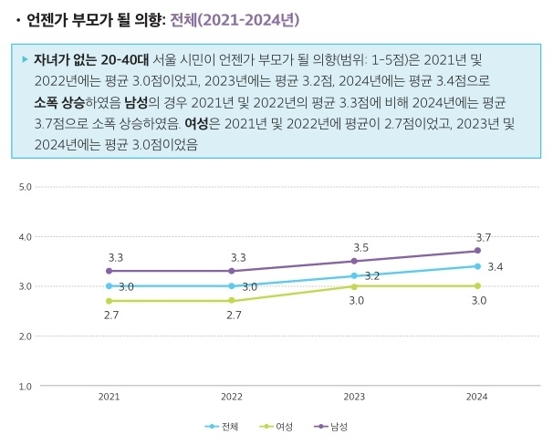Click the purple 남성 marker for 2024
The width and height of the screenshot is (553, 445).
pos(477,251)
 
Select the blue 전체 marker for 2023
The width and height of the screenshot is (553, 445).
pos(354,275)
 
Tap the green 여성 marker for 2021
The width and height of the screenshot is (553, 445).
pos(109,300)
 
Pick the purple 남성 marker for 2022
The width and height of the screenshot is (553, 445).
pos(232,271)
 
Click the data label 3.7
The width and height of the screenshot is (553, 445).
pos(483,237)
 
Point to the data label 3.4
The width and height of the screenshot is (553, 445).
pos(496,267)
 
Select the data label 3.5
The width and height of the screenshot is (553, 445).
pos(360,247)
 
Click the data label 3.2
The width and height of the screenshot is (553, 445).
pos(371,276)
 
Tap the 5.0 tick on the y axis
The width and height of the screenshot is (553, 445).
pos(26,187)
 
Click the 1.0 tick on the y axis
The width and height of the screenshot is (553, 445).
pos(26,386)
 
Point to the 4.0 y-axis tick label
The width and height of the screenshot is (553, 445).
pos(26,237)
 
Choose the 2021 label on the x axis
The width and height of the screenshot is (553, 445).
pos(109,398)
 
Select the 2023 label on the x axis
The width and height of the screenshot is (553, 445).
pos(354,398)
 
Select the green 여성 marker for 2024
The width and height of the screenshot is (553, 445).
pos(477,285)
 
